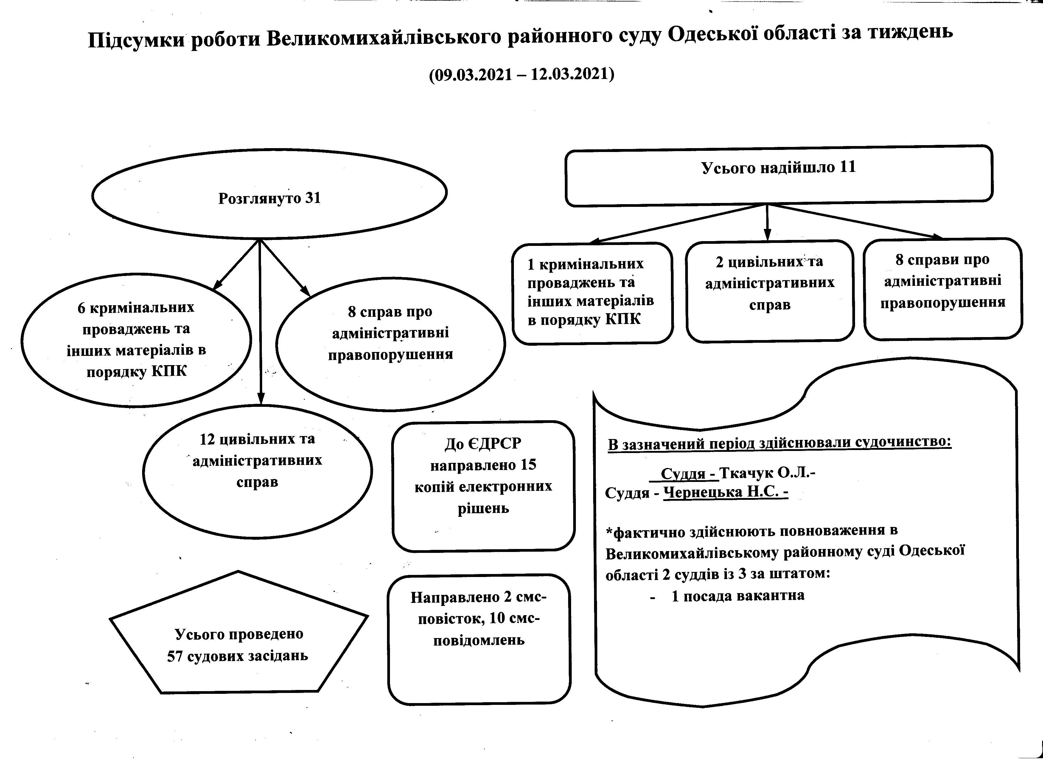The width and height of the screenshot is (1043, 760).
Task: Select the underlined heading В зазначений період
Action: point(779,443)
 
